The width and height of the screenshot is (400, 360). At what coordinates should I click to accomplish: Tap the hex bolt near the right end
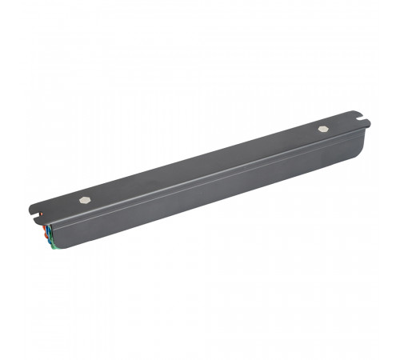(x=322, y=128)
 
